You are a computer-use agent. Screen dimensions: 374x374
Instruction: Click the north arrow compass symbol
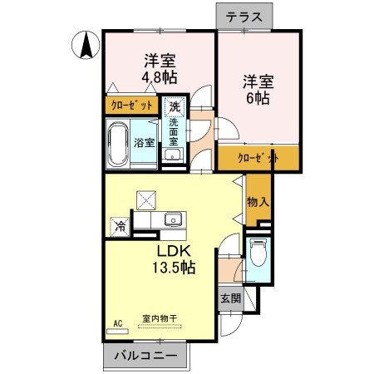(84, 47)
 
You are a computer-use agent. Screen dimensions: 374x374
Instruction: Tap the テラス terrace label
(245, 17)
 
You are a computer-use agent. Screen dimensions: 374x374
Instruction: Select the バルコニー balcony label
(145, 357)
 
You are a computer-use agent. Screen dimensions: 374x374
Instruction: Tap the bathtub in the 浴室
(119, 141)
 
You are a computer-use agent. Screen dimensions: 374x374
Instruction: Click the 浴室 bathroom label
(144, 142)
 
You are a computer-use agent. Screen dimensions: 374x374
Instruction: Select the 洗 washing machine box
(173, 106)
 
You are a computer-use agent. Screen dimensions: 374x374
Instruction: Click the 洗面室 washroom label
(174, 133)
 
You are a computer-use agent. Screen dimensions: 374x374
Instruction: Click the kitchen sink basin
(174, 220)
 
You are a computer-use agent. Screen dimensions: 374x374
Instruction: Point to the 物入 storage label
(258, 201)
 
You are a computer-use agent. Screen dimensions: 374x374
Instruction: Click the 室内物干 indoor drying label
(159, 317)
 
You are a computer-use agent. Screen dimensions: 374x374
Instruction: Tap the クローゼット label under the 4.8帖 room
(133, 106)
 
